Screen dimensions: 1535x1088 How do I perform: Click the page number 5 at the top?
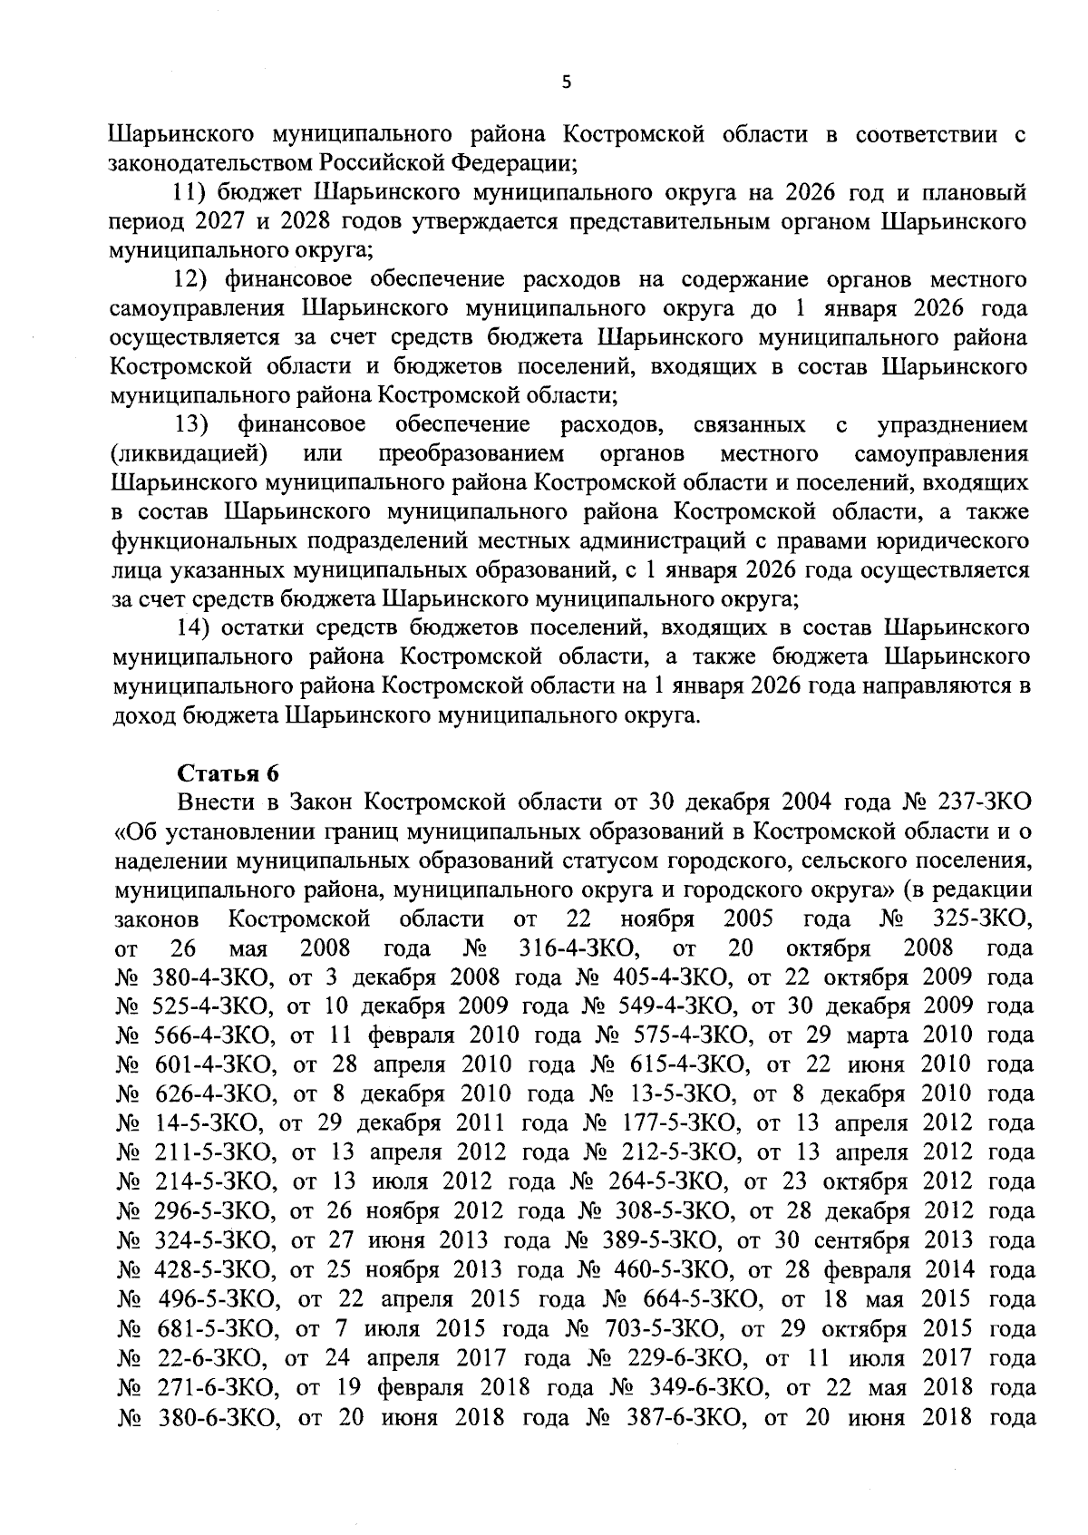567,83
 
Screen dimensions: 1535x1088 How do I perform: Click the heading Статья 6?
228,772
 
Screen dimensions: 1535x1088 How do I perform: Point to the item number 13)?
191,424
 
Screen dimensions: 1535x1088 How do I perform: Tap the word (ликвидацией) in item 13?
188,453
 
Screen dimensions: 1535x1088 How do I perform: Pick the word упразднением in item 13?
953,424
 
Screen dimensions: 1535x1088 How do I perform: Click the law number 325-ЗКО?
981,918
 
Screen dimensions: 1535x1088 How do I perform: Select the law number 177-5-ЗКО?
677,1123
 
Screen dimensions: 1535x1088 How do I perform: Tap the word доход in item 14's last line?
141,715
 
